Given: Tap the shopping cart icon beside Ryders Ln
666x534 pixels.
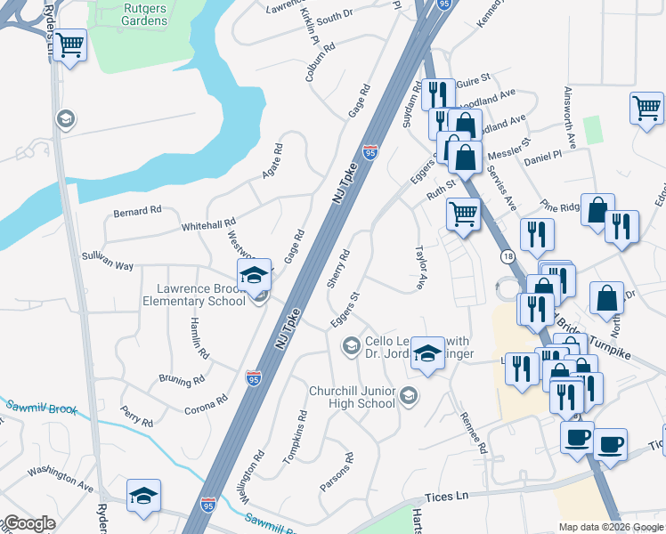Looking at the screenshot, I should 69,44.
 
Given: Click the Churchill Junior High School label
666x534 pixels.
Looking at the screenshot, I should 352,397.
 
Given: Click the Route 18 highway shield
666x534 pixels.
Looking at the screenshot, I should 506,255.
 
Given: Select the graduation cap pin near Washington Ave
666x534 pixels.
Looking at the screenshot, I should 143,497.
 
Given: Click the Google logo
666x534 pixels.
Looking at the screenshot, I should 28,523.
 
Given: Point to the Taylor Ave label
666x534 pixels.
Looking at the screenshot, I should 419,268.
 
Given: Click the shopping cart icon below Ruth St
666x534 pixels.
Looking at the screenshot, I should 463,214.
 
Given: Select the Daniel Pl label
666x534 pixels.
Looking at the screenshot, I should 542,155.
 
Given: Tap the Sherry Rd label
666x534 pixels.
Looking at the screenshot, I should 337,268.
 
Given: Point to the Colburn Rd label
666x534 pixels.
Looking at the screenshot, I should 321,61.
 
